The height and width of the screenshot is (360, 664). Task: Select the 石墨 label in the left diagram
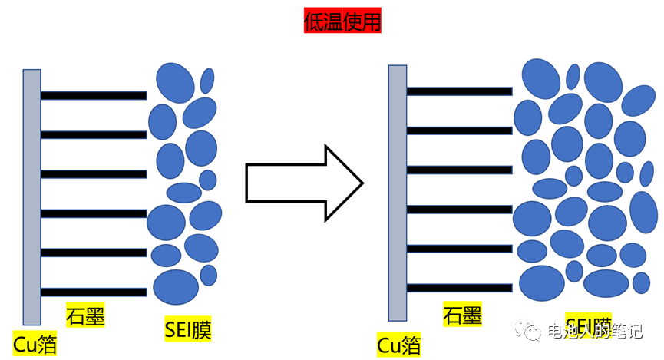point(85,315)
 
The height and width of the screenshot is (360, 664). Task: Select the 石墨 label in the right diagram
point(462,315)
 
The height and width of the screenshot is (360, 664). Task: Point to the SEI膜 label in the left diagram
point(188,329)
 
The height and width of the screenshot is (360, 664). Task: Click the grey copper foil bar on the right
point(397,192)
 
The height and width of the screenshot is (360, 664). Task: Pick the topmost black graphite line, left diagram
point(94,96)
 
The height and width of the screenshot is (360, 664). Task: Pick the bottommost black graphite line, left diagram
point(94,292)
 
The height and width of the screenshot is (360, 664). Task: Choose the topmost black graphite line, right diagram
point(459,91)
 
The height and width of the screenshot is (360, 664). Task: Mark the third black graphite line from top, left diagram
point(94,174)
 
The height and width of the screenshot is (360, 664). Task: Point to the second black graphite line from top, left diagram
point(94,135)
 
